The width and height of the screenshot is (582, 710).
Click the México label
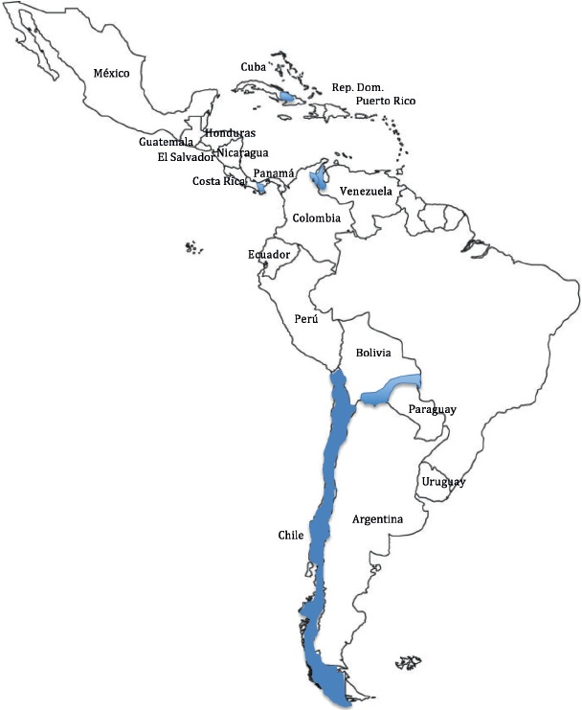point(111,73)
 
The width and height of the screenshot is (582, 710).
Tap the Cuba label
point(252,67)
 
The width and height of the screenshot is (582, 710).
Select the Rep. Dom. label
point(357,86)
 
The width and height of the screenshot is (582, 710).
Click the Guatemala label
point(166,142)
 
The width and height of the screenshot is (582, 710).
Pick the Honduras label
point(230,132)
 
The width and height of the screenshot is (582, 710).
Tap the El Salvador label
point(186,157)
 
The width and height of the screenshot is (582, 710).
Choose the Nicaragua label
point(242,152)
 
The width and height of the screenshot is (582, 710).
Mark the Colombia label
point(317,218)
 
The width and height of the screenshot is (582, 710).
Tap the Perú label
point(306,317)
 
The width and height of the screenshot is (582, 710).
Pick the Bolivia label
point(373,353)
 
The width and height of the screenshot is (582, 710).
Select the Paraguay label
point(432,409)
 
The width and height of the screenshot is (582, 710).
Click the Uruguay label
point(444,481)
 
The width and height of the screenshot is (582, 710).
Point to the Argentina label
point(377,519)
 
